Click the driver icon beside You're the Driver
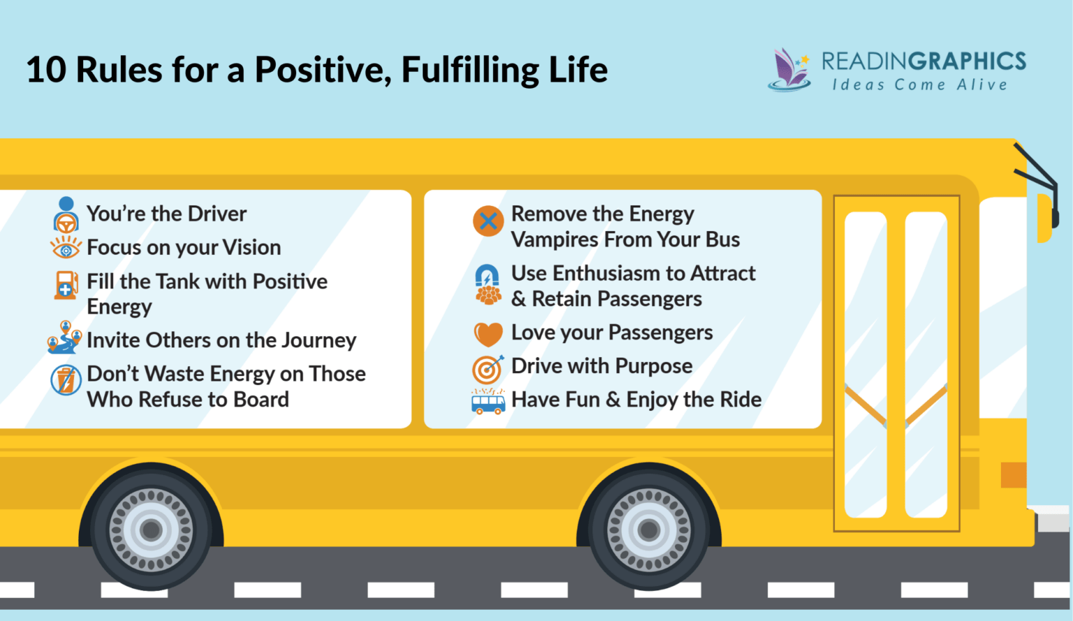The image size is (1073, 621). point(66,214)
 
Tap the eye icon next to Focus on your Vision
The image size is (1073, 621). point(66,247)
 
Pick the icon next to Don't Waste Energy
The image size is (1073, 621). point(66,380)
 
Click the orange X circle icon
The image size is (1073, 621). point(488,221)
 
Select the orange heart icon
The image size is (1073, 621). point(488,334)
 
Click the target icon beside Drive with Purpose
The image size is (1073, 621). point(488,367)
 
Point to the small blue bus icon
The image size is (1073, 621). point(488,402)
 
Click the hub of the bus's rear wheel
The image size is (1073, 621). point(152,530)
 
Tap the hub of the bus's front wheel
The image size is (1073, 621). point(649,530)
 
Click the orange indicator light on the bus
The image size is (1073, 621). point(1013,475)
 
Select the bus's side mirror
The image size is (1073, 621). point(1046,217)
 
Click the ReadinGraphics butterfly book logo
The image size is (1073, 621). point(790,70)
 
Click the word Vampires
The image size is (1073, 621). point(555,240)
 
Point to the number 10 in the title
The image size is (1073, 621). point(45,70)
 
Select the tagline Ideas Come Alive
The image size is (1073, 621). point(919,85)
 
